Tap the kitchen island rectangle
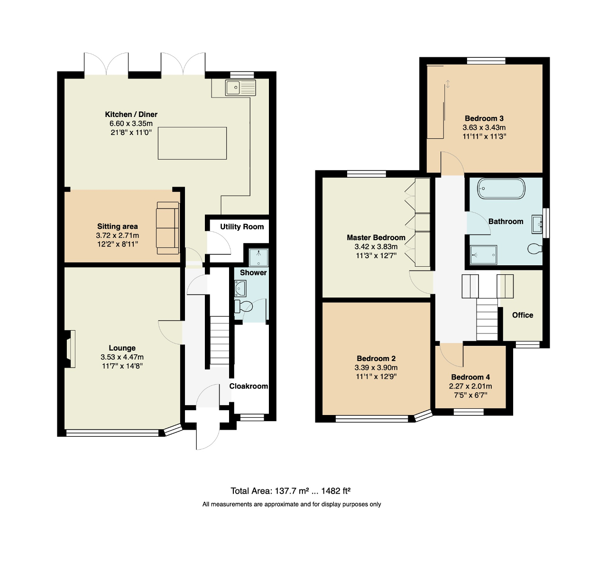tap(192, 143)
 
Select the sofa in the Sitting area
tap(167, 228)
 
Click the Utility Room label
tap(242, 227)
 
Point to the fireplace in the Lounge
tap(70, 349)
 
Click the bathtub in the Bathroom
tap(501, 189)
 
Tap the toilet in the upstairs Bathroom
tap(535, 249)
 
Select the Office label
tap(523, 315)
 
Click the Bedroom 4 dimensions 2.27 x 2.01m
tap(470, 386)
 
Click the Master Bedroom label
tap(376, 237)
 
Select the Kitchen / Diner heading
tap(131, 114)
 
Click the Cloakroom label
tap(248, 386)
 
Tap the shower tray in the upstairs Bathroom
tap(483, 254)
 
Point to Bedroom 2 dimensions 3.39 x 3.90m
tap(376, 368)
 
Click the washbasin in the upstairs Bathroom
tap(537, 225)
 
